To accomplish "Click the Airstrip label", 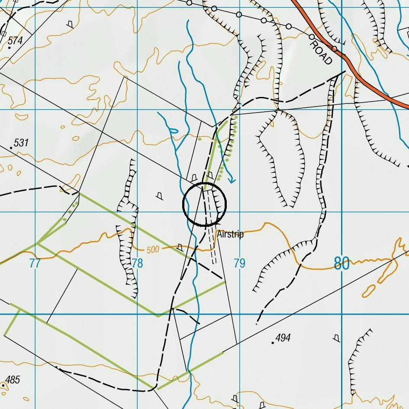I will click(x=230, y=234).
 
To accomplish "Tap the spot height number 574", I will click(x=15, y=41).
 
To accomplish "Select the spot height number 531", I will click(x=21, y=143).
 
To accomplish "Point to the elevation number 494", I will click(x=283, y=338).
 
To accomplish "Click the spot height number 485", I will click(x=13, y=380).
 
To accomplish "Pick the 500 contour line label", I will click(x=152, y=250).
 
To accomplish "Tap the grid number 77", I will click(x=35, y=263).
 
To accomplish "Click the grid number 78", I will click(x=137, y=263).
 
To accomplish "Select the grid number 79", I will click(x=239, y=263).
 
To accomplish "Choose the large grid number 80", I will click(x=341, y=263).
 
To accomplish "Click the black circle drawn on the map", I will click(x=205, y=204).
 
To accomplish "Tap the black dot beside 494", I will click(x=273, y=343).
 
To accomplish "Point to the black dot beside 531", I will click(x=11, y=148).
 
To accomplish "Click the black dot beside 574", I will click(x=9, y=47).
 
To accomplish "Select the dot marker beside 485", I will click(x=3, y=385).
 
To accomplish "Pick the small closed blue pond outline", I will click(x=174, y=131).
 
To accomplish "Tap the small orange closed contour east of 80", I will click(x=368, y=290).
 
